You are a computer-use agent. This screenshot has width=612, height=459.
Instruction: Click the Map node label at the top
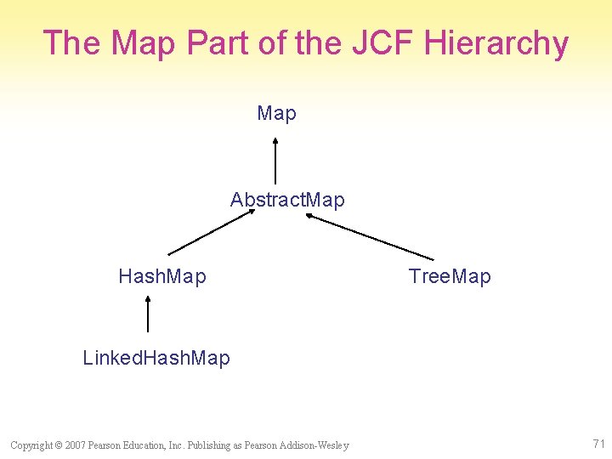click(276, 113)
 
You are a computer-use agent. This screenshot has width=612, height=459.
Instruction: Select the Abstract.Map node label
click(287, 201)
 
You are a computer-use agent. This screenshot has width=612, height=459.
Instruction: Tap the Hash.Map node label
click(162, 276)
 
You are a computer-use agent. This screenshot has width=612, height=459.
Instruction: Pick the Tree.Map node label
click(450, 276)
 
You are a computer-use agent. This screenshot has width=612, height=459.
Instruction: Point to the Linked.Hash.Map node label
click(156, 358)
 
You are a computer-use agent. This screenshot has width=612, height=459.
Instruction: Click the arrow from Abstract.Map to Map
click(275, 161)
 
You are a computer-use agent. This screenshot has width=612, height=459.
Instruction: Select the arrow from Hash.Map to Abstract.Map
click(211, 232)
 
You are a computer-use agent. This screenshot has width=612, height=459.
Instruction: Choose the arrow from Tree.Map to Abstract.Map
click(370, 236)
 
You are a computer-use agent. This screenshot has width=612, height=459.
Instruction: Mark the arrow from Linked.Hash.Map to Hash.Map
click(148, 314)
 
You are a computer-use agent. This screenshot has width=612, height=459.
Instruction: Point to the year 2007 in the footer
click(75, 445)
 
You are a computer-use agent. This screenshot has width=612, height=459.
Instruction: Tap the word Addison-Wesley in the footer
click(319, 445)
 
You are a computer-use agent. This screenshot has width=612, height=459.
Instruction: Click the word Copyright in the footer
click(29, 445)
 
